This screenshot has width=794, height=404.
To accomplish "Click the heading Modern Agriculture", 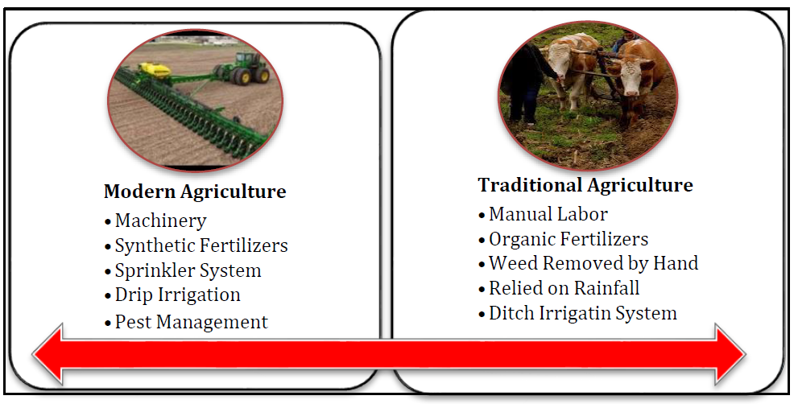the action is [195, 192].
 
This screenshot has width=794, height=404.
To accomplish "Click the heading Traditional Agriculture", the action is [585, 185].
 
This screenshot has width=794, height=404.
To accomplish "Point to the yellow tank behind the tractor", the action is [154, 70].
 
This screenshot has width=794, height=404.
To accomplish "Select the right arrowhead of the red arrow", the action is [730, 354].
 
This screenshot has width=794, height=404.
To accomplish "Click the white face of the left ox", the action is [559, 62].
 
